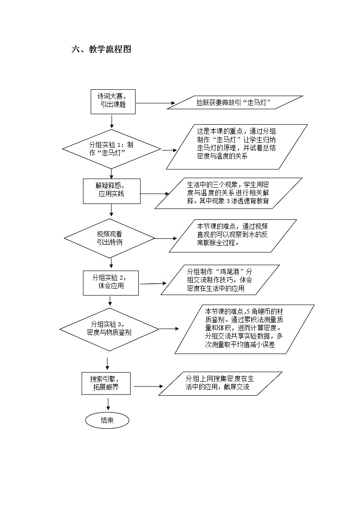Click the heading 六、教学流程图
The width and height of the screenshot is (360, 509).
[101, 50]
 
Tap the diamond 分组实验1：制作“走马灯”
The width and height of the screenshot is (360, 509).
[112, 149]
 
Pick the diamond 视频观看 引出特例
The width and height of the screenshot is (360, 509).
[110, 238]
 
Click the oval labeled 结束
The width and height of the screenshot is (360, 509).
[107, 420]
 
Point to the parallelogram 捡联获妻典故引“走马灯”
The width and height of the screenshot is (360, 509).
[234, 102]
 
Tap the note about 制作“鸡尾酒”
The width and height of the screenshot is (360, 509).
[220, 280]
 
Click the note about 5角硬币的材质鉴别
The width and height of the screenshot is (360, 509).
[245, 329]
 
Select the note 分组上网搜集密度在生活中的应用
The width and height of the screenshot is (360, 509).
[220, 383]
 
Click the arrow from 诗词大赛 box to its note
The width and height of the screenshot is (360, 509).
[156, 103]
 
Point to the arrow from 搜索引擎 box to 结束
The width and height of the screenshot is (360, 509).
[108, 403]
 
